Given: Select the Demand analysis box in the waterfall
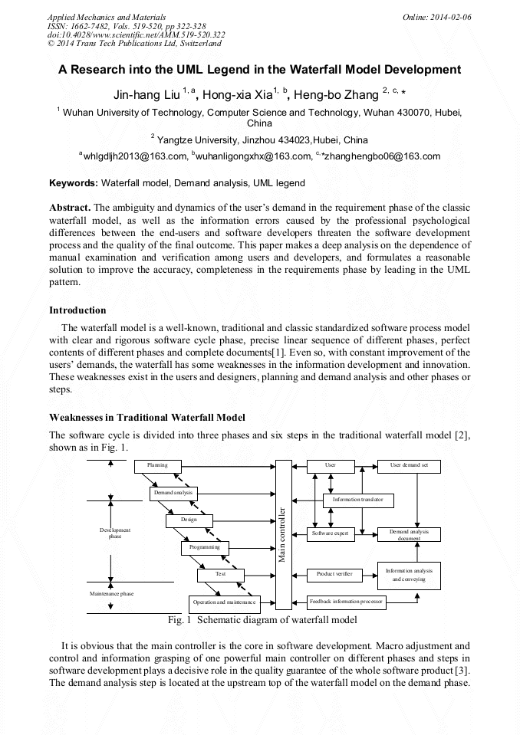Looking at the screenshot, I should (x=173, y=492).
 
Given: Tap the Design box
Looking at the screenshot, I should (x=189, y=520).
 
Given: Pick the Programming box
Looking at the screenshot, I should (x=205, y=547).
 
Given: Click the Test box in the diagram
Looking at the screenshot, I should (x=221, y=574).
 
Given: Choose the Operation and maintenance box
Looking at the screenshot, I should (x=225, y=603).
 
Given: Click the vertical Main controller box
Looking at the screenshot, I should (x=283, y=534).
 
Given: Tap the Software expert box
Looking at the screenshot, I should (x=331, y=533).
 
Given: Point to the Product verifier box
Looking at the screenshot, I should (x=334, y=573).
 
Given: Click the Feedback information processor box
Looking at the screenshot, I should (x=345, y=602).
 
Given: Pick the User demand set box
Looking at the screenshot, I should (x=409, y=465).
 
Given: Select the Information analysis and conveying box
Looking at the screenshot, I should (x=409, y=575).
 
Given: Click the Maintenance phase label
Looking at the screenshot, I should (x=112, y=593).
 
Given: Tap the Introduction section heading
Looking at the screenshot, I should (x=77, y=310).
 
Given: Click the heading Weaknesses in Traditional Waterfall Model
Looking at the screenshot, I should (x=147, y=418).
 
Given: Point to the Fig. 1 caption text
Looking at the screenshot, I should (x=262, y=619).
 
